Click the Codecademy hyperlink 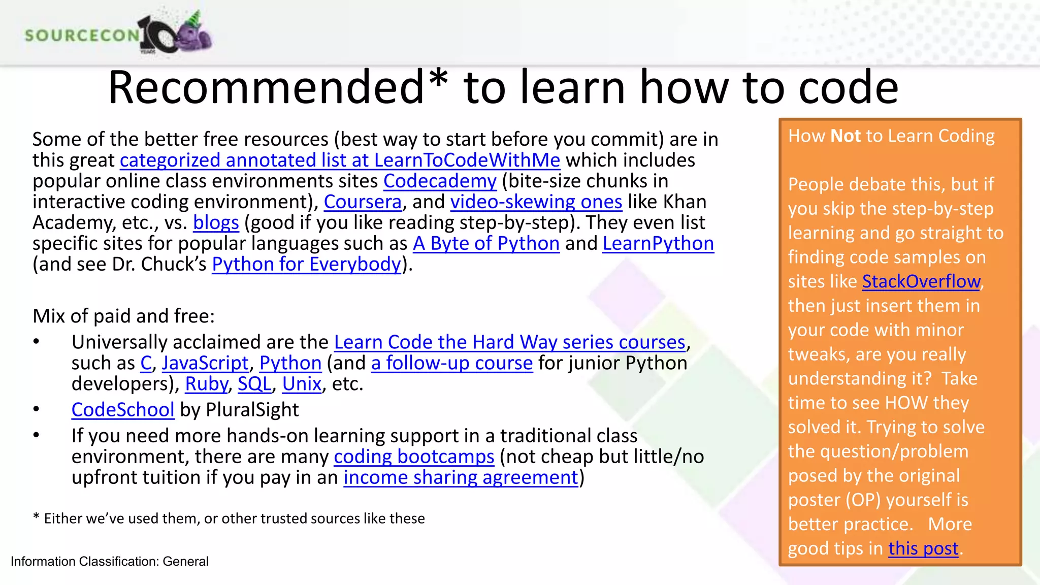pyautogui.click(x=440, y=181)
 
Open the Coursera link pyautogui.click(x=363, y=202)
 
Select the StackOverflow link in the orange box pyautogui.click(x=921, y=281)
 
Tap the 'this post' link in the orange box pyautogui.click(x=923, y=548)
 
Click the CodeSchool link pyautogui.click(x=123, y=410)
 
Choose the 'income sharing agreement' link pyautogui.click(x=461, y=478)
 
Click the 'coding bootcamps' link pyautogui.click(x=414, y=457)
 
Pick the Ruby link pyautogui.click(x=206, y=384)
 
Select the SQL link pyautogui.click(x=254, y=384)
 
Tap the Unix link pyautogui.click(x=302, y=384)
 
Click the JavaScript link pyautogui.click(x=205, y=363)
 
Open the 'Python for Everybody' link pyautogui.click(x=306, y=265)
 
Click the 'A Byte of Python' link pyautogui.click(x=486, y=244)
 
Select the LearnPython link pyautogui.click(x=658, y=244)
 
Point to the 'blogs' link pyautogui.click(x=216, y=223)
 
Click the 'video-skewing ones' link pyautogui.click(x=536, y=202)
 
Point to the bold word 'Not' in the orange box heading pyautogui.click(x=846, y=136)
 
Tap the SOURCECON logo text pyautogui.click(x=81, y=35)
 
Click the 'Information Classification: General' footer pyautogui.click(x=110, y=561)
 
